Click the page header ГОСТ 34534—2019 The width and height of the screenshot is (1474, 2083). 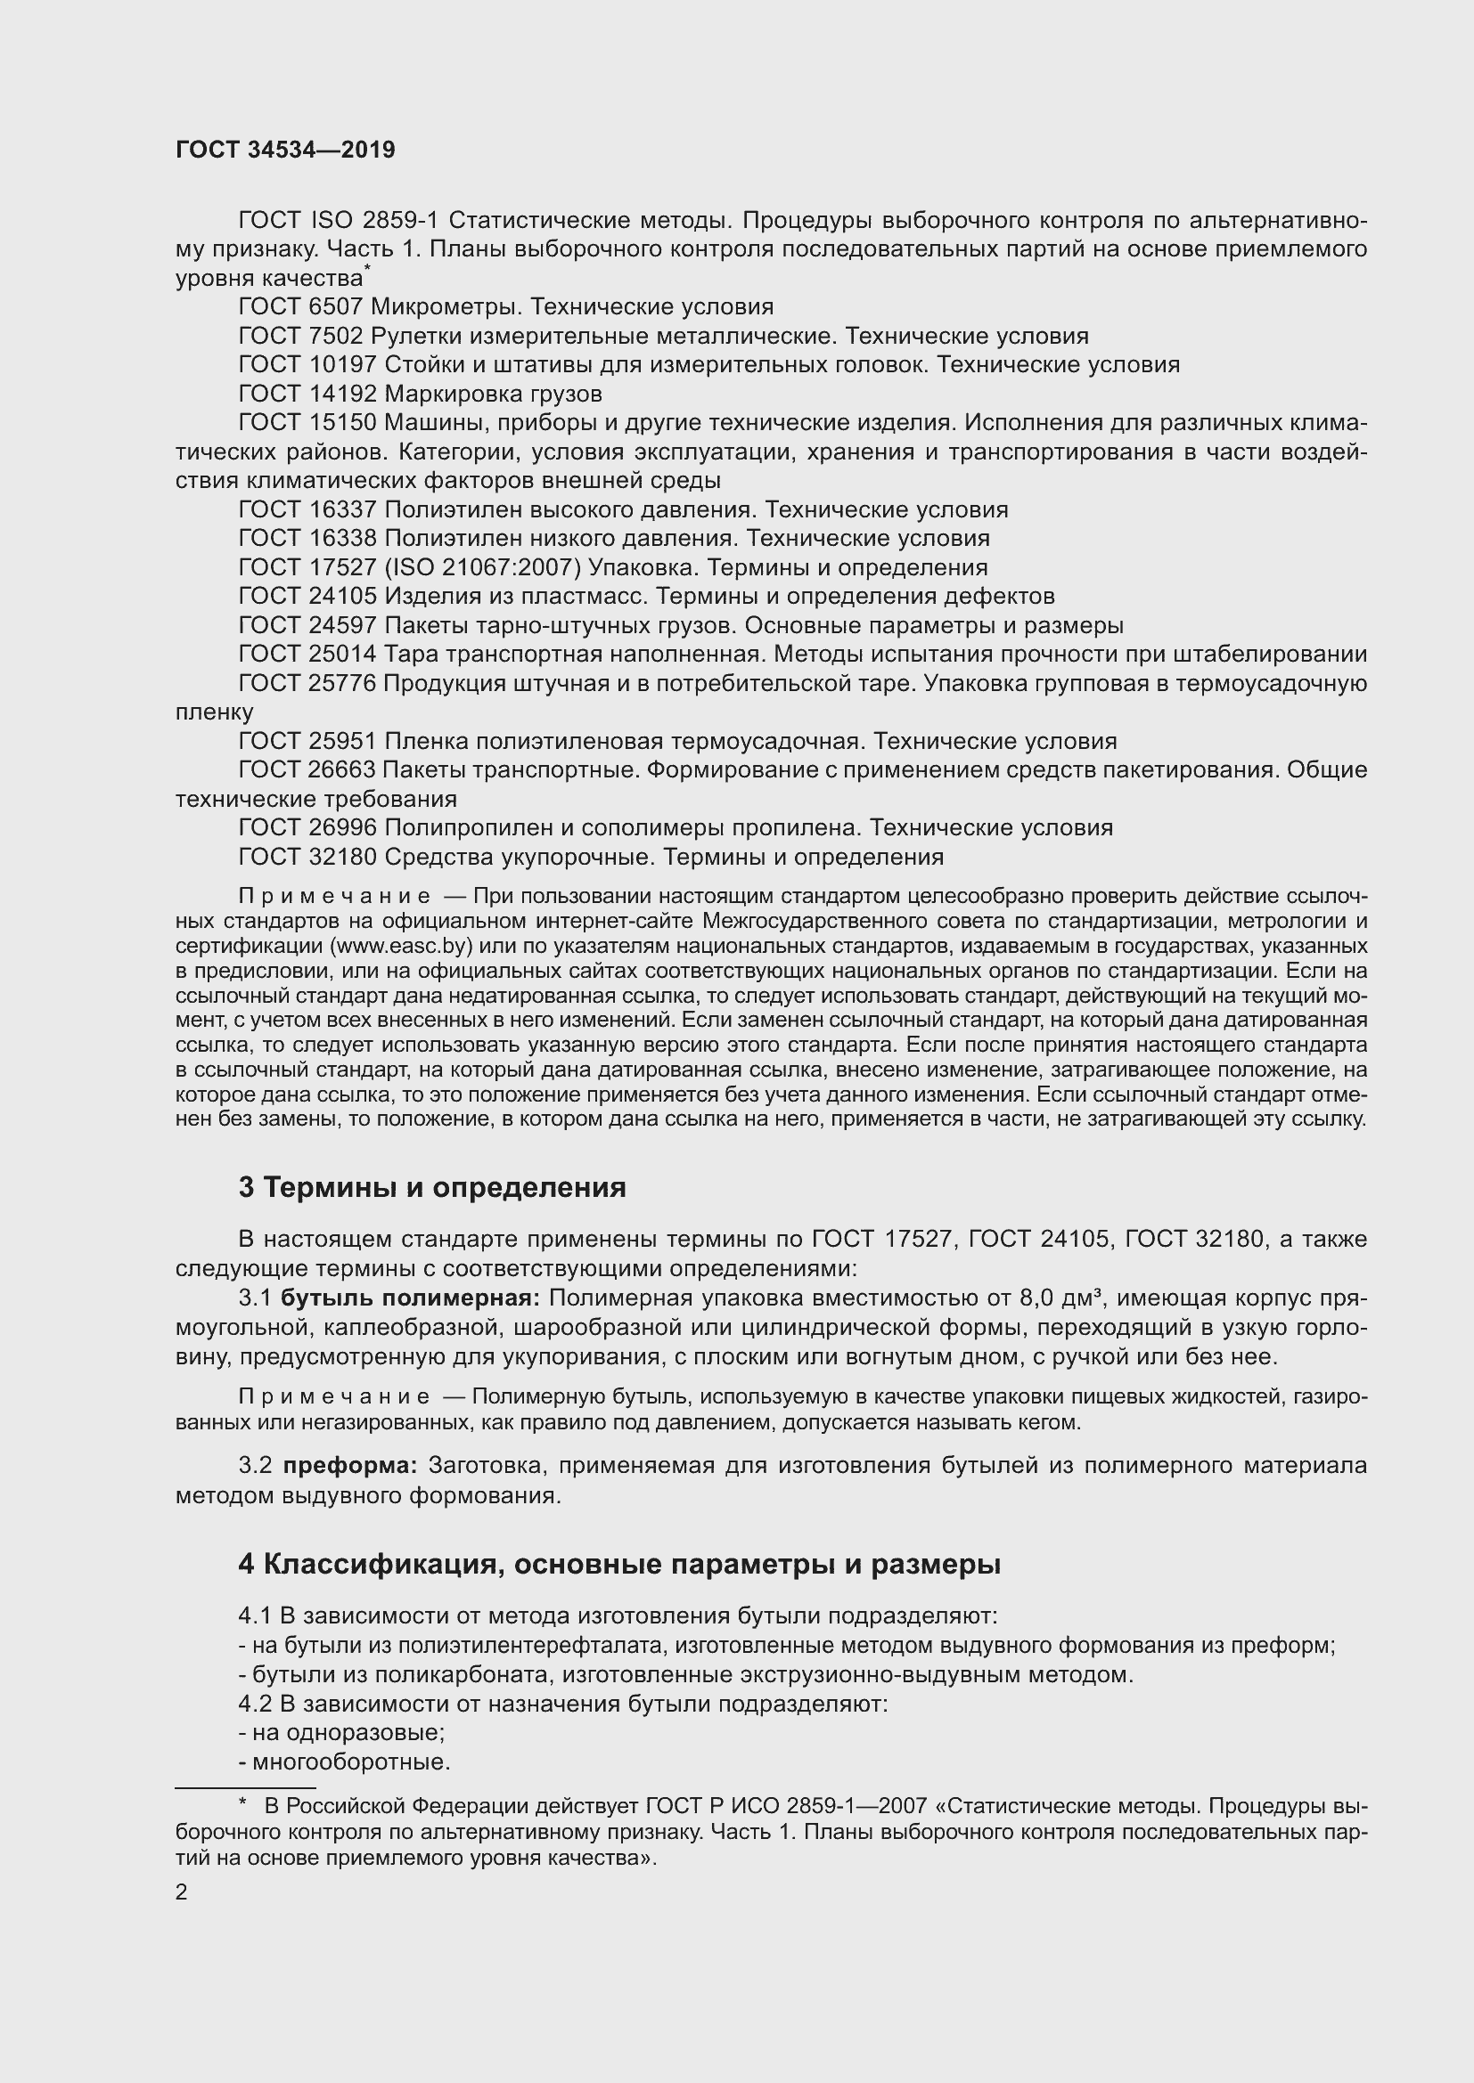point(285,150)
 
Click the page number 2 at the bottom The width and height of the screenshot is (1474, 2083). point(182,1892)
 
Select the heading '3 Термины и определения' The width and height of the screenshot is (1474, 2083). point(432,1188)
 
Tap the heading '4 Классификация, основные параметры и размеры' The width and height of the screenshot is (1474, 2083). point(619,1564)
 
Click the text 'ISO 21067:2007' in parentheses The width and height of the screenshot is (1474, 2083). point(482,567)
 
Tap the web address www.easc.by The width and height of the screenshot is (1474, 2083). point(402,946)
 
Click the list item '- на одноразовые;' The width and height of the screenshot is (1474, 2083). point(341,1732)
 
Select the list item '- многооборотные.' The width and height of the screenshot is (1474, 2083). point(345,1762)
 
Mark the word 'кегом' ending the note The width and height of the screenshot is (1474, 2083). point(1052,1421)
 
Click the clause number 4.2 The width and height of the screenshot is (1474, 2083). point(255,1703)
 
